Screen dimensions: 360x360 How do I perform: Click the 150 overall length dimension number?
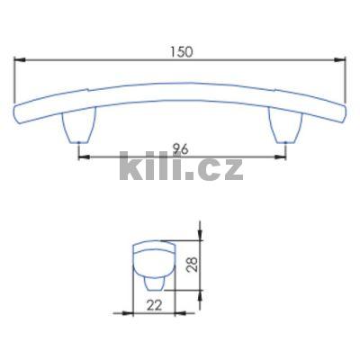pyautogui.click(x=182, y=51)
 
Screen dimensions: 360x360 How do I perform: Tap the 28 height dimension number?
pyautogui.click(x=203, y=266)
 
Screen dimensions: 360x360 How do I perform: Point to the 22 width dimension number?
pyautogui.click(x=154, y=305)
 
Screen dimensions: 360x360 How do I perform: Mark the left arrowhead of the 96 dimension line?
pyautogui.click(x=83, y=157)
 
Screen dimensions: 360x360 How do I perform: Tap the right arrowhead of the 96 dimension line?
pyautogui.click(x=279, y=157)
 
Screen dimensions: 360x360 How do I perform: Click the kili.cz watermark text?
pyautogui.click(x=181, y=168)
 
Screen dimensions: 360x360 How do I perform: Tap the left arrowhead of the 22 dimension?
pyautogui.click(x=135, y=313)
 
